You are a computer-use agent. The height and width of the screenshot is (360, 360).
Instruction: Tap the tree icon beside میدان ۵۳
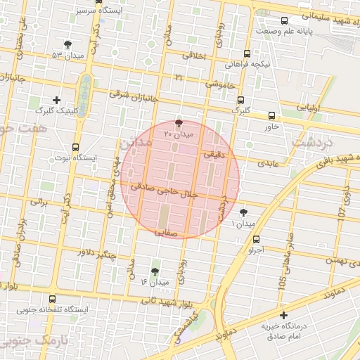coord(67,44)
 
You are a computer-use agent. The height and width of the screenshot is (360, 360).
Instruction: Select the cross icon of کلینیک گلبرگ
coord(57,100)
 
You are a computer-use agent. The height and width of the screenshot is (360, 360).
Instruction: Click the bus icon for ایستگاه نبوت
coord(75,147)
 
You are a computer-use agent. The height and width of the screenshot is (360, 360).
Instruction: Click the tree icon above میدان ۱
coord(243,212)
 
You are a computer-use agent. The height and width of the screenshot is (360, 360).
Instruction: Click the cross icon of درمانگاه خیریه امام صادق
coord(283,316)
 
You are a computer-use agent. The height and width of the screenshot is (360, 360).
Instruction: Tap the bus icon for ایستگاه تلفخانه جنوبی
coord(54,299)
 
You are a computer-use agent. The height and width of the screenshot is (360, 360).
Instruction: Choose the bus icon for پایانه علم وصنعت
coord(284,21)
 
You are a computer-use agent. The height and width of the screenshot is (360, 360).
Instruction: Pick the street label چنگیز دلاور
coord(97,253)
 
